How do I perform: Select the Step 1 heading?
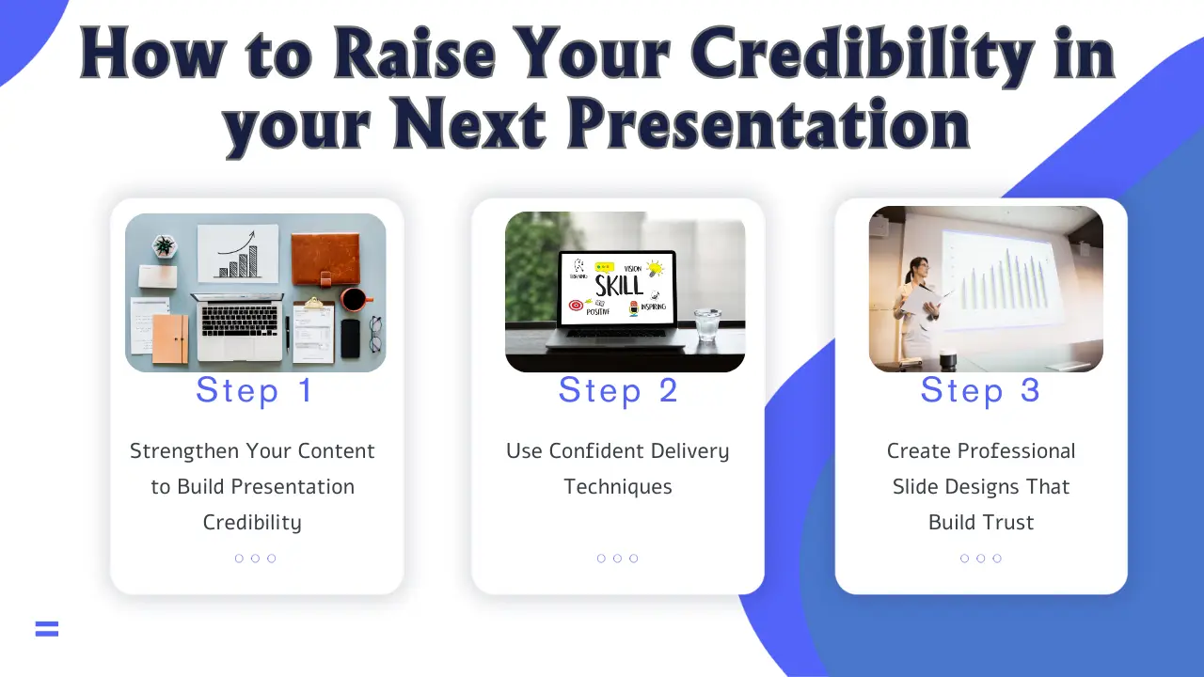(254, 390)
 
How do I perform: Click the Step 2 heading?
(618, 390)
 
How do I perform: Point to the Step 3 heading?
(980, 390)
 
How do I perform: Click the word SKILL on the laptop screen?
(619, 285)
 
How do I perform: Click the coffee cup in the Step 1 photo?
(355, 300)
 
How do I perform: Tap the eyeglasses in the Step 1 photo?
(375, 334)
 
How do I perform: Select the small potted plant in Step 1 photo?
(165, 246)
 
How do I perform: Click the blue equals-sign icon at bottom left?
(47, 629)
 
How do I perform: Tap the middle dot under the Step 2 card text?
(617, 559)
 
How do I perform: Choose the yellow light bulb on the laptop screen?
(655, 269)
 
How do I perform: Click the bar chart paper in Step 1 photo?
(238, 252)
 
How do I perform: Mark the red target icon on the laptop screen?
(576, 306)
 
